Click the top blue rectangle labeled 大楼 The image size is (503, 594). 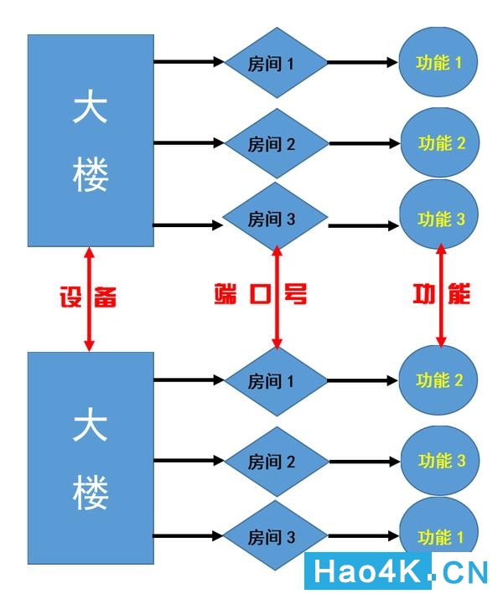(x=91, y=140)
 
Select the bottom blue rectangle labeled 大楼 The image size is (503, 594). (x=91, y=457)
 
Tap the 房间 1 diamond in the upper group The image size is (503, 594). (x=274, y=63)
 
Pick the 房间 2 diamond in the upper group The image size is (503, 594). (x=274, y=143)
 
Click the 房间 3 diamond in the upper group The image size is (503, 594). (x=274, y=220)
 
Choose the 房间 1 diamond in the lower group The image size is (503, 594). (x=274, y=381)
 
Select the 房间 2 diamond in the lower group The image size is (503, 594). (x=274, y=461)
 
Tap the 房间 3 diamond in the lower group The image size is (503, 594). (x=274, y=536)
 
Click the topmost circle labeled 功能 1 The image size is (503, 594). (x=440, y=62)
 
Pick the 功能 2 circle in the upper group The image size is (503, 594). (x=442, y=143)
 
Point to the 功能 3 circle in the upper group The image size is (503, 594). (x=442, y=220)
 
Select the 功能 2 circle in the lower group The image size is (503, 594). (x=440, y=380)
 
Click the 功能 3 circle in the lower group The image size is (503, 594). (x=442, y=461)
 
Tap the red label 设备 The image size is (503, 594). (x=87, y=296)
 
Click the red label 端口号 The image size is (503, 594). (x=259, y=294)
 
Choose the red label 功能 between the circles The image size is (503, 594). (x=442, y=294)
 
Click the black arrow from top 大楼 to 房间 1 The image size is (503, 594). (x=188, y=62)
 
